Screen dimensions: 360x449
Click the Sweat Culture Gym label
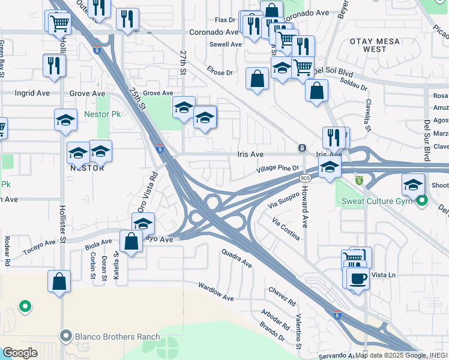click(x=376, y=200)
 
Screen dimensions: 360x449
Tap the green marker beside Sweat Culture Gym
click(x=421, y=200)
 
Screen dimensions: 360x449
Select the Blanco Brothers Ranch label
click(x=117, y=337)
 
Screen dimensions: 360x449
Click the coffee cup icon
click(x=358, y=279)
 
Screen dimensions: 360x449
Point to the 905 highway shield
click(x=306, y=178)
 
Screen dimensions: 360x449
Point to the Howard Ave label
click(x=305, y=214)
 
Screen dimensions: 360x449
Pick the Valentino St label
click(x=298, y=331)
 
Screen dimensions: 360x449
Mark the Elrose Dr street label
click(x=220, y=73)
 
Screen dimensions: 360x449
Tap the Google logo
click(x=20, y=353)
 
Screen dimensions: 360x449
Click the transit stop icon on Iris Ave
click(x=302, y=148)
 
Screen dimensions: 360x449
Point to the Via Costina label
click(x=286, y=230)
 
